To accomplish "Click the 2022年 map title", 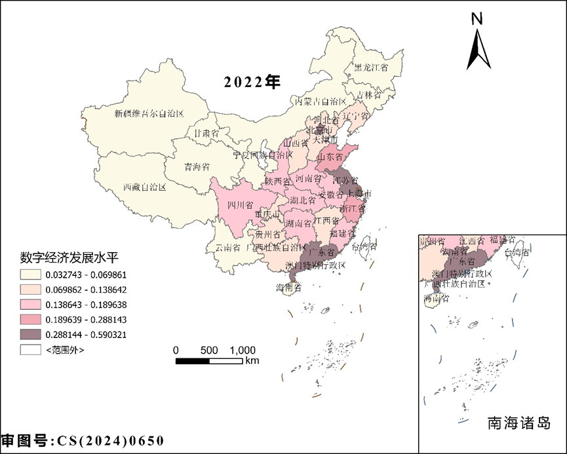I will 252,83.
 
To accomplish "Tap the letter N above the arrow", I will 478,19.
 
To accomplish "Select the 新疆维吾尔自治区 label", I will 149,113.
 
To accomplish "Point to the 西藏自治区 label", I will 145,187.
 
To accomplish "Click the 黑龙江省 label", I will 371,67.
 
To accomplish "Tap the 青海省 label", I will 196,166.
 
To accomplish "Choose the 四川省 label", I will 240,205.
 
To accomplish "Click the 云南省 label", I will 228,248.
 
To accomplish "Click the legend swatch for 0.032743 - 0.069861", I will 30,274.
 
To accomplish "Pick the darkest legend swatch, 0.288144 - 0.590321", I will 30,335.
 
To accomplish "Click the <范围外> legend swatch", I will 30,350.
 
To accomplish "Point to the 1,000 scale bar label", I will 243,350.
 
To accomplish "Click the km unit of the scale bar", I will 252,361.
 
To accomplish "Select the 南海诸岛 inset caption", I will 518,423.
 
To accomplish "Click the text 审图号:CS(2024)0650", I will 82,441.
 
